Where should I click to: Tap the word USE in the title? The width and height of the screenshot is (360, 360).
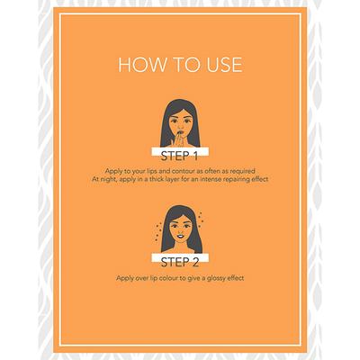pos(224,65)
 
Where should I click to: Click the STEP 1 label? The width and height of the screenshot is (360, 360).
pos(179,156)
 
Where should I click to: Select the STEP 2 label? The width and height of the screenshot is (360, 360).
pos(180,262)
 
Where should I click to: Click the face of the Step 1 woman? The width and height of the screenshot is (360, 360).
pos(181,123)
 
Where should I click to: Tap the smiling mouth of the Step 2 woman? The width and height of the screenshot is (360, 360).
pos(180,236)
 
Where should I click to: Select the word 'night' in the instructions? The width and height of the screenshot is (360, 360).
pos(108,179)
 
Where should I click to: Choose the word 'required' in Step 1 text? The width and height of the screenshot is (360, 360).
pos(243,171)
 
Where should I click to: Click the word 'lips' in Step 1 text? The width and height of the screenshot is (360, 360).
pos(150,171)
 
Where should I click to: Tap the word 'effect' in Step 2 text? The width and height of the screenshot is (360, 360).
pos(236,278)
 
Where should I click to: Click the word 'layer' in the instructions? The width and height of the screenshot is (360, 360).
pos(175,180)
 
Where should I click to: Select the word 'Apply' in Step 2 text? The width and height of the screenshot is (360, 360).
pos(124,278)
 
